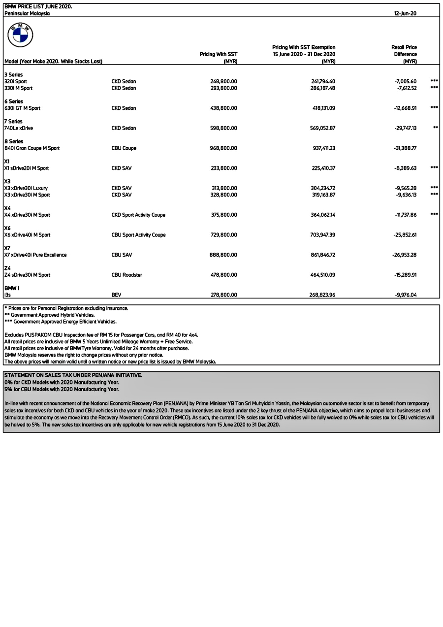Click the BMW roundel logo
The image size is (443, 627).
pos(20,35)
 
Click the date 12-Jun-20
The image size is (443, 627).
pos(405,13)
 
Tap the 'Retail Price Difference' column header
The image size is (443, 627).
pos(404,54)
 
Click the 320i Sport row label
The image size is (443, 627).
pos(16,81)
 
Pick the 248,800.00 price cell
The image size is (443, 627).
pos(223,81)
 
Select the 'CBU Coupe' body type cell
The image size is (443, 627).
pos(124,148)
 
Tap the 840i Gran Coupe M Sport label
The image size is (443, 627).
pos(32,148)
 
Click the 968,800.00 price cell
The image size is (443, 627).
pos(223,148)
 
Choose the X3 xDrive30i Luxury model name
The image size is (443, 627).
pos(26,188)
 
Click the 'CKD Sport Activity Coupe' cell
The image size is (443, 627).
pos(138,215)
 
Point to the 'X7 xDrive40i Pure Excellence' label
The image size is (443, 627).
pos(35,255)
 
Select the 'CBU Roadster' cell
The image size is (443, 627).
pos(127,275)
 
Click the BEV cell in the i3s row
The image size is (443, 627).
pos(116,295)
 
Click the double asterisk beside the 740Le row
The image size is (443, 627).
pos(436,128)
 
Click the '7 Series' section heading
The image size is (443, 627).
pos(13,121)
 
